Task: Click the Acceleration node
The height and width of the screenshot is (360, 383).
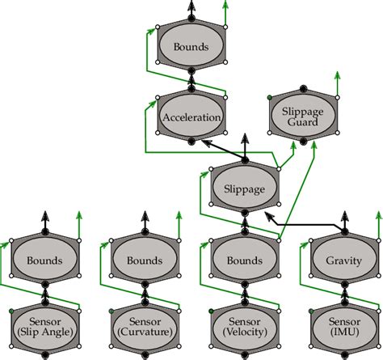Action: coord(191,118)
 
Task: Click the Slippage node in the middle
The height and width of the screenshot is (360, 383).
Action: coord(243,188)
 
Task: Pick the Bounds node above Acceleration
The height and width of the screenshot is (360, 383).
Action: coord(191,47)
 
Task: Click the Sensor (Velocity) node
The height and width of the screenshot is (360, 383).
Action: coord(243,326)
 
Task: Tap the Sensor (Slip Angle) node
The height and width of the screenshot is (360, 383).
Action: coord(44,326)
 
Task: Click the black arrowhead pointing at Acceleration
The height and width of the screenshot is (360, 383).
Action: coord(207,142)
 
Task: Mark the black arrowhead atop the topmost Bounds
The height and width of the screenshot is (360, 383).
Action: coord(191,7)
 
